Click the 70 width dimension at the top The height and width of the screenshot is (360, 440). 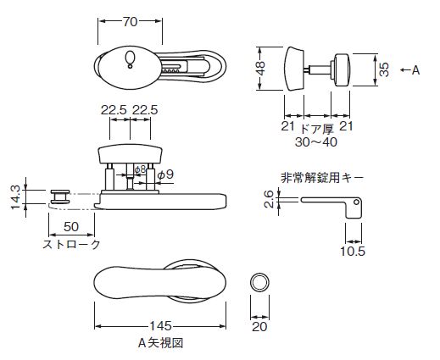tap(130, 22)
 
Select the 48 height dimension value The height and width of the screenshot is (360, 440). tap(260, 69)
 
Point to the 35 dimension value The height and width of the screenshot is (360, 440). tap(384, 69)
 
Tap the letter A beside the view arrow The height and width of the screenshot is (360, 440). tap(415, 70)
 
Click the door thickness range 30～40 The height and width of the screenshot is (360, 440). tap(316, 142)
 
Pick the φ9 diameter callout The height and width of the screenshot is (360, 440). tap(165, 174)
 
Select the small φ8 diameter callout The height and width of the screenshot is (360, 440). tap(140, 169)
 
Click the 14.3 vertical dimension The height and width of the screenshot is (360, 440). tap(15, 197)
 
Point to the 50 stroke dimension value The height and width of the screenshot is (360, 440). tap(71, 227)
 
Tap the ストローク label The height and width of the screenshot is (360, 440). tap(71, 245)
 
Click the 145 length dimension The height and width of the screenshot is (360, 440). tap(160, 326)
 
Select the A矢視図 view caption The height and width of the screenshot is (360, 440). tap(160, 343)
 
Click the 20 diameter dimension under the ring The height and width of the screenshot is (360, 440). tap(259, 327)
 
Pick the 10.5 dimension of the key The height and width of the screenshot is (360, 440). tap(353, 251)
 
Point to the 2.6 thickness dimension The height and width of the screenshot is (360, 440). tap(269, 199)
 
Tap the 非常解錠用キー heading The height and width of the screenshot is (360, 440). tap(322, 178)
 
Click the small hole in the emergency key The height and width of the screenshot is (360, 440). tap(356, 202)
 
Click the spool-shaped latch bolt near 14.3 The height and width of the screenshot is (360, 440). tap(60, 197)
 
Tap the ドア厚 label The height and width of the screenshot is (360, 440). tap(317, 129)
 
